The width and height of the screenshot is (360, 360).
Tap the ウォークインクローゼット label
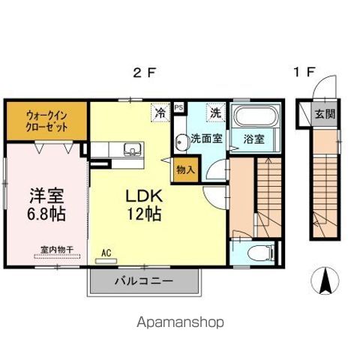pos(47,121)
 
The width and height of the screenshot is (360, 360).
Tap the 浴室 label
pos(253,139)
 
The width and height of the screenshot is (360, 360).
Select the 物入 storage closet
pos(185,169)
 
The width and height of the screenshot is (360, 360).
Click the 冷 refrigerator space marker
pos(160,113)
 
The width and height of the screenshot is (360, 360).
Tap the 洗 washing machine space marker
pos(216,113)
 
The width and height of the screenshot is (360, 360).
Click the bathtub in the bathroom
pos(255,118)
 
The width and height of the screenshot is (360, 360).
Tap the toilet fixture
pos(254,253)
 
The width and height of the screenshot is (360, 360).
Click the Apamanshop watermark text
pos(180,323)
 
